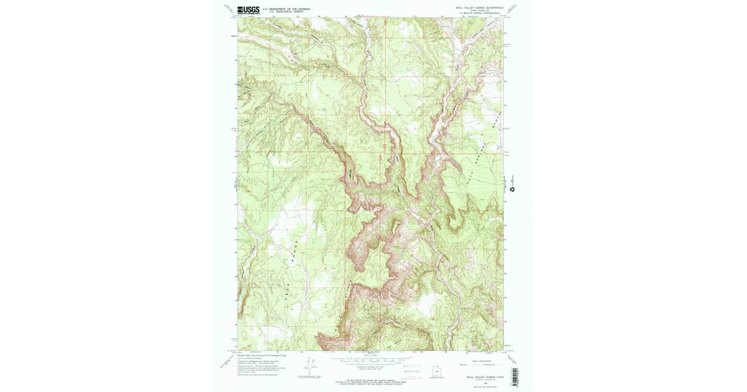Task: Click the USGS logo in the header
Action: click(x=248, y=9)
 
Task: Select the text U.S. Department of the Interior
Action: click(x=286, y=9)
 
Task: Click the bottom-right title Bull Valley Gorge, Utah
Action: click(x=484, y=376)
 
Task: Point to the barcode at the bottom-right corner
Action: click(x=515, y=374)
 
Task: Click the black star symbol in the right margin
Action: click(x=512, y=189)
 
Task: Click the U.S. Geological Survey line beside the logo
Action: click(x=286, y=12)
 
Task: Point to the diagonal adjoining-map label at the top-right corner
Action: click(x=513, y=9)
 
